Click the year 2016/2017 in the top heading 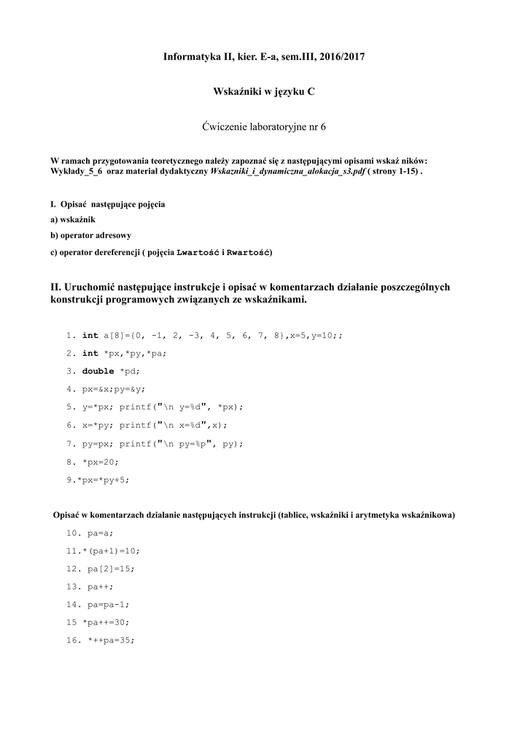click(x=341, y=56)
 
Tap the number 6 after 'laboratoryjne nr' click(x=323, y=126)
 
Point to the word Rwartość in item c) click(x=249, y=252)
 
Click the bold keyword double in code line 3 click(x=98, y=371)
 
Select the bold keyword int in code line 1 click(x=90, y=335)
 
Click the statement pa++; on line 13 click(x=101, y=586)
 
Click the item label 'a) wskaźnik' click(x=73, y=219)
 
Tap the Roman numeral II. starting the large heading click(x=56, y=287)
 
